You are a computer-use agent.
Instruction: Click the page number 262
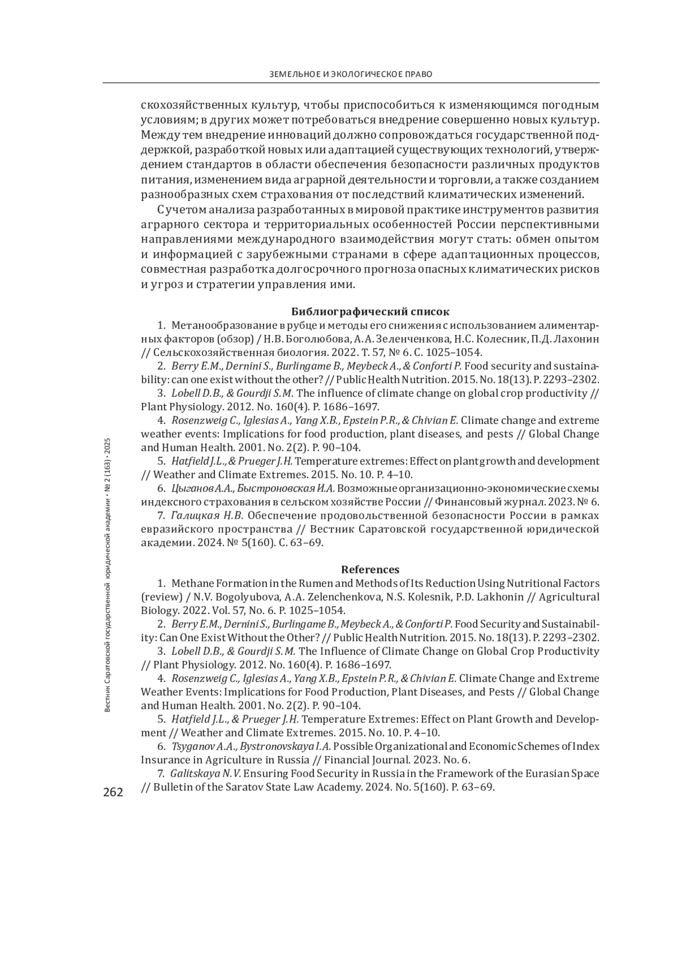click(112, 792)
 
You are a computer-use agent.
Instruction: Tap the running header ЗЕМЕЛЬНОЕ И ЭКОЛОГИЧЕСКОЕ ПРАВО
click(351, 74)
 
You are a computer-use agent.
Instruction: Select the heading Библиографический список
click(371, 311)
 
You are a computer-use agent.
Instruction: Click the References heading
click(370, 570)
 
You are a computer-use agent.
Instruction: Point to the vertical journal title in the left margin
click(109, 575)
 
